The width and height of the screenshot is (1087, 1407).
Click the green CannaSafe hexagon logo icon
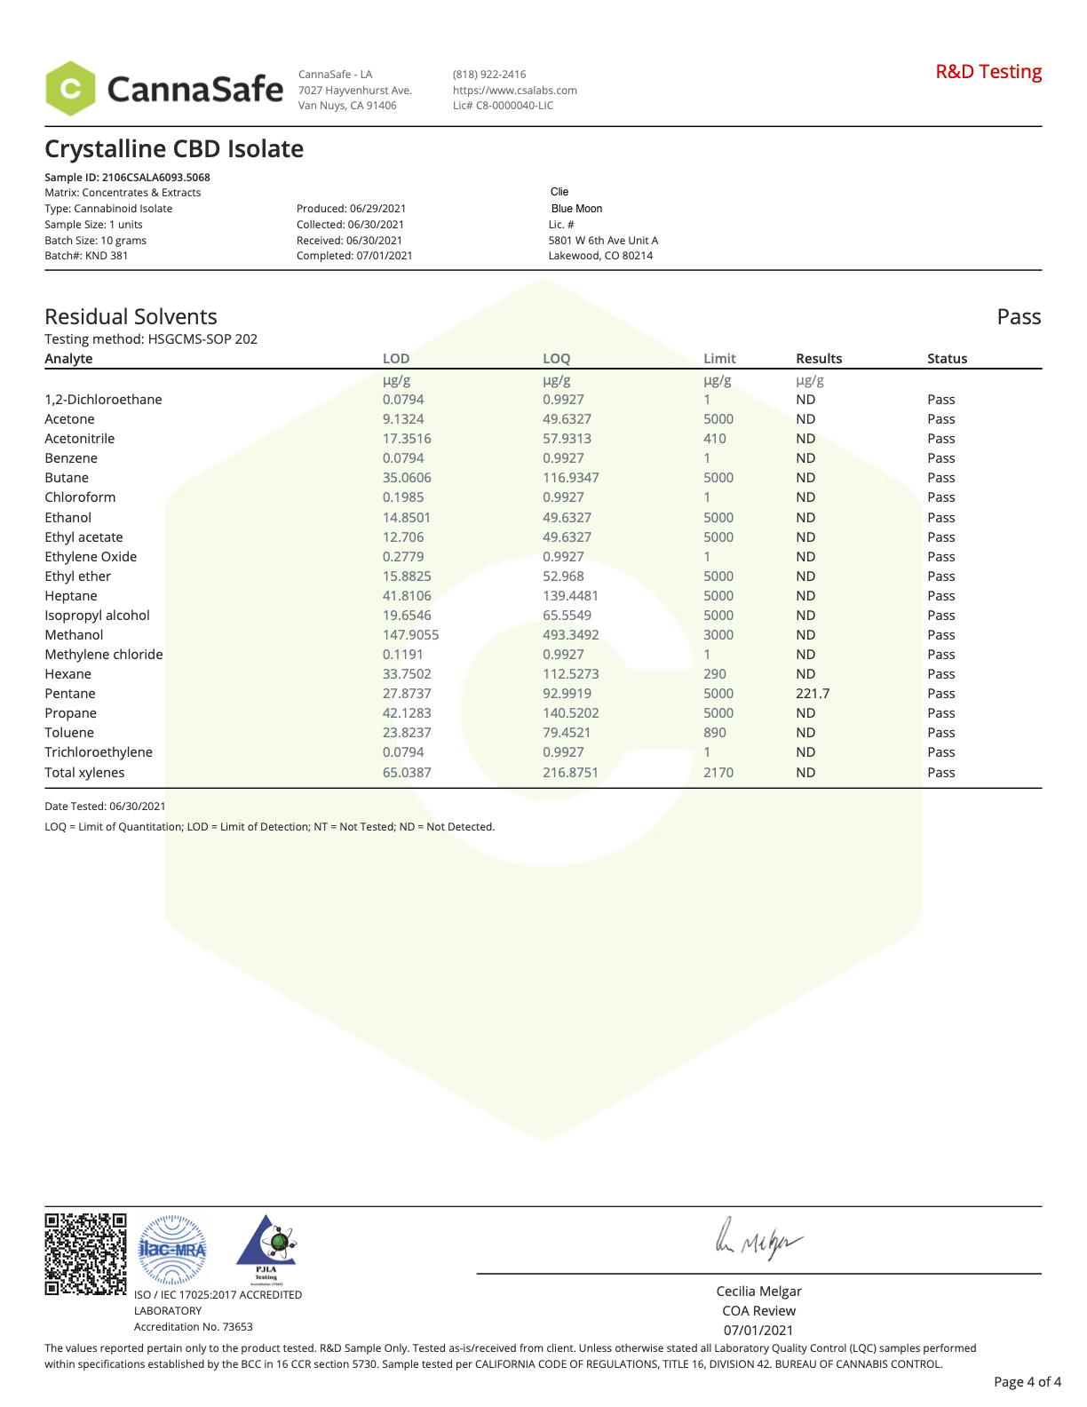coord(70,89)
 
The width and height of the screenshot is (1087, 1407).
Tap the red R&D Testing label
coord(988,72)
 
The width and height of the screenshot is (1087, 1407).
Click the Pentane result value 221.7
coord(813,694)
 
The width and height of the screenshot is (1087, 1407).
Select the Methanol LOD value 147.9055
coord(410,635)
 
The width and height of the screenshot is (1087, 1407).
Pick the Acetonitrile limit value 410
coord(715,439)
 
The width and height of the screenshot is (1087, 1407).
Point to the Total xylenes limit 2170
coord(718,773)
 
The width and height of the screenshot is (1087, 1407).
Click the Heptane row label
coord(71,596)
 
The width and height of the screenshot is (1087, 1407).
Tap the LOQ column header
coord(556,359)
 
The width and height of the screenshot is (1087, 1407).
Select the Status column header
coord(947,359)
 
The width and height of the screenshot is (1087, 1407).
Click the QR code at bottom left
coord(85,1253)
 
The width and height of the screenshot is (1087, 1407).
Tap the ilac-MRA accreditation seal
coord(172,1250)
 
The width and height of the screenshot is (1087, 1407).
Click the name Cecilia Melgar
coord(758,1292)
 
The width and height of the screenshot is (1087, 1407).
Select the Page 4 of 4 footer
coord(1027,1382)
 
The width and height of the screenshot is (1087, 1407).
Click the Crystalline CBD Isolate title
coord(174,149)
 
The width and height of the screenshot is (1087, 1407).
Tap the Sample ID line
coord(127,178)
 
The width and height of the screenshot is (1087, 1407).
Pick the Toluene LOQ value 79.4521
coord(567,733)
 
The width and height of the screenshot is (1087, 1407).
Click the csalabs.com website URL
coord(514,91)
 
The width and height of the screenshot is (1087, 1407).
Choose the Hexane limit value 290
coord(715,674)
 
